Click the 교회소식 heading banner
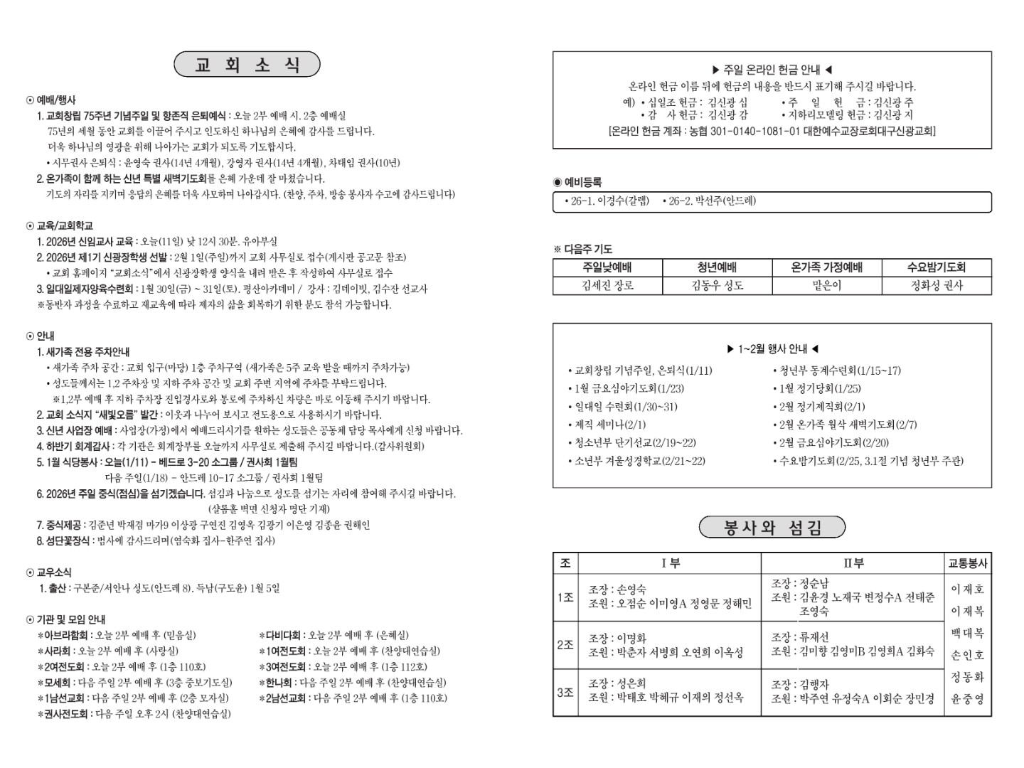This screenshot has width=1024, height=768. click(x=247, y=65)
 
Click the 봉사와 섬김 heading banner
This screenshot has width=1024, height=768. click(x=772, y=528)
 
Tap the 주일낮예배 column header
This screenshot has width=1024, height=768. click(x=607, y=267)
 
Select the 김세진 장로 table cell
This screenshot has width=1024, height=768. click(x=607, y=285)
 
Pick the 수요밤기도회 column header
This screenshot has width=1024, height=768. click(x=936, y=267)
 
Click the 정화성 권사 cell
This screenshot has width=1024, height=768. click(x=936, y=285)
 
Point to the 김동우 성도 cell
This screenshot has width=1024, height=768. click(x=717, y=285)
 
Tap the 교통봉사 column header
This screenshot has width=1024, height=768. click(x=967, y=563)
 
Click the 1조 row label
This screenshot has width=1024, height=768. click(x=565, y=597)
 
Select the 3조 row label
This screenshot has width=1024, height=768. click(x=565, y=692)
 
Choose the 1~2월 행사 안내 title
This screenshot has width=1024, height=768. click(x=772, y=349)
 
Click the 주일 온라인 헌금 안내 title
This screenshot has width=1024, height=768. click(x=772, y=70)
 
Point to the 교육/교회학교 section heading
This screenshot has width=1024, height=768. click(x=64, y=225)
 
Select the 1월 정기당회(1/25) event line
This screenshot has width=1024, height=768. click(x=819, y=388)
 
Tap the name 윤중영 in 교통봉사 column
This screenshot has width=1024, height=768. click(x=967, y=699)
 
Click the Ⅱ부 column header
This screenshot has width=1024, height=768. click(x=853, y=563)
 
